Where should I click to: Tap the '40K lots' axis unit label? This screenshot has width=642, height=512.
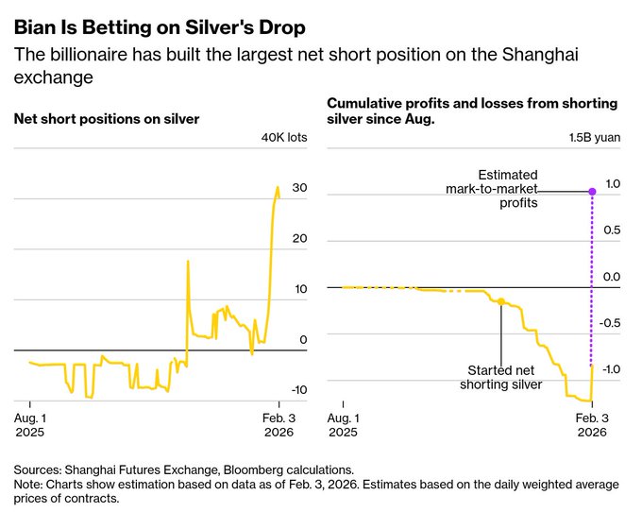284,137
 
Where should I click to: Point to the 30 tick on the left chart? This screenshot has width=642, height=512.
299,189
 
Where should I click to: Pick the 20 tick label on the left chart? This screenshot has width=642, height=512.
299,239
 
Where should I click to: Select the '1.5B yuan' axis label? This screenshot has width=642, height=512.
594,137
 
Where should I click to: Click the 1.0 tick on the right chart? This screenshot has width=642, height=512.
612,183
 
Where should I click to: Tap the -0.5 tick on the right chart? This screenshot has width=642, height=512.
610,323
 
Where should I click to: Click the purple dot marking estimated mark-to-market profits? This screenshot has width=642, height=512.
592,192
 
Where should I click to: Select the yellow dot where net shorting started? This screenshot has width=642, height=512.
501,302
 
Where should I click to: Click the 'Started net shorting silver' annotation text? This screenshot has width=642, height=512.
500,377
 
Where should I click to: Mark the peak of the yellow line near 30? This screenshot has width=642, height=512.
278,187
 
